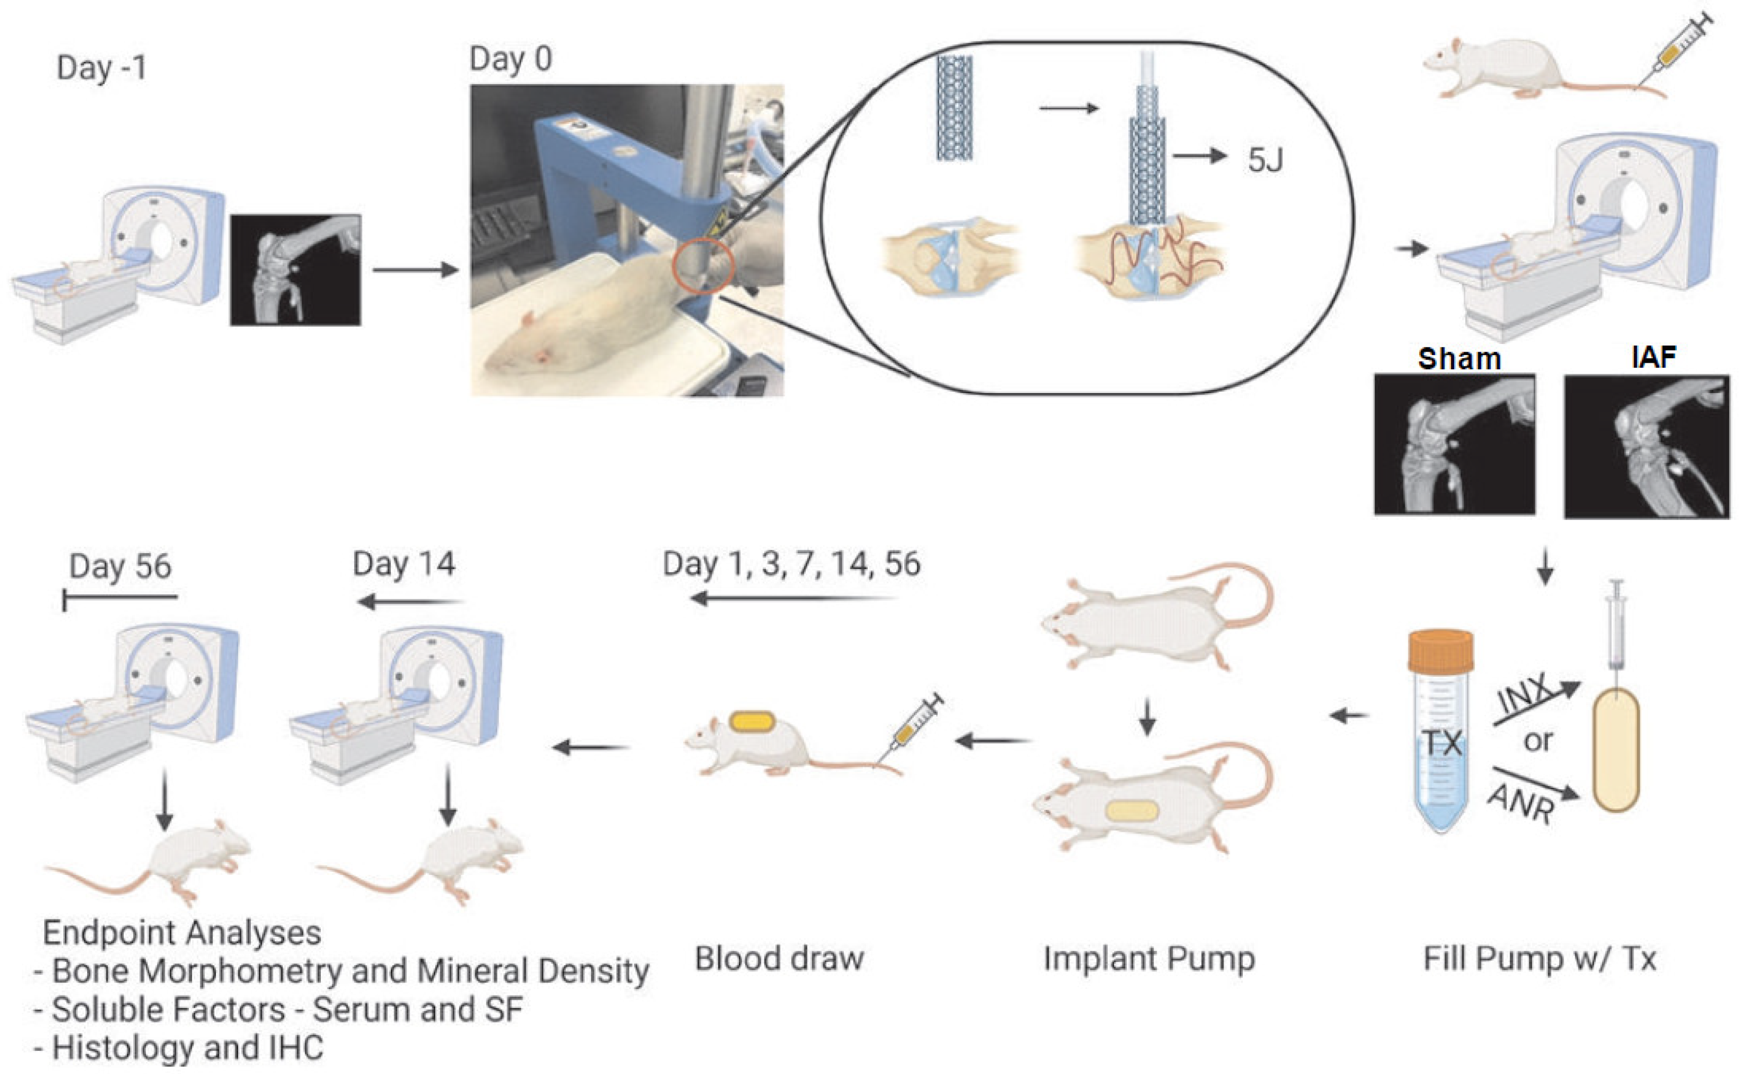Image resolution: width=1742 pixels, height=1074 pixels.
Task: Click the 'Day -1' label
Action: pyautogui.click(x=101, y=68)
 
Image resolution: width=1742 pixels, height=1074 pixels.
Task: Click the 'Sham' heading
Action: pyautogui.click(x=1459, y=359)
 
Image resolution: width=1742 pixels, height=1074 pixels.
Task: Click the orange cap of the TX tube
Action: pyautogui.click(x=1440, y=650)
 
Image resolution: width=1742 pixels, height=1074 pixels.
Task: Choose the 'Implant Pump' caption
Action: pyautogui.click(x=1149, y=959)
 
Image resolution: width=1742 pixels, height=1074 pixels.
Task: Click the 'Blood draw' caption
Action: pyautogui.click(x=780, y=959)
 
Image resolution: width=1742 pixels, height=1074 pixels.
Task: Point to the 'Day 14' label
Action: pyautogui.click(x=403, y=564)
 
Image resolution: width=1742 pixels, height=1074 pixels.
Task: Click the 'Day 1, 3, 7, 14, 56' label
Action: pyautogui.click(x=792, y=564)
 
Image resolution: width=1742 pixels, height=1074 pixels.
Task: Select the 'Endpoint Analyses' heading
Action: pyautogui.click(x=182, y=933)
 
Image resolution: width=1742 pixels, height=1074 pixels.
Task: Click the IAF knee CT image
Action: pyautogui.click(x=1646, y=446)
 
